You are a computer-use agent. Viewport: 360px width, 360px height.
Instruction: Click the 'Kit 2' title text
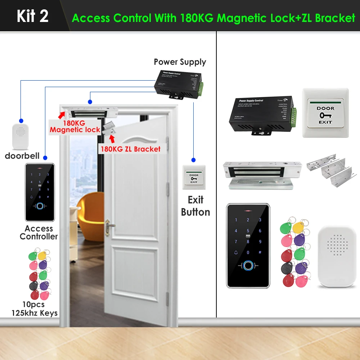(x=32, y=16)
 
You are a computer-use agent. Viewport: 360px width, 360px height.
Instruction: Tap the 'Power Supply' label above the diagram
(x=180, y=62)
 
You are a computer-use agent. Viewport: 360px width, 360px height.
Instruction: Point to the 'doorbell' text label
(x=22, y=156)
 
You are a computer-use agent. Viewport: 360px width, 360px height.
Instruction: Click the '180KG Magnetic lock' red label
(x=75, y=126)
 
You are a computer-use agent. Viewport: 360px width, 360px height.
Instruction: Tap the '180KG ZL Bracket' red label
(x=130, y=149)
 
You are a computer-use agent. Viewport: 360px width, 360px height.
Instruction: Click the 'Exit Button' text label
(x=195, y=206)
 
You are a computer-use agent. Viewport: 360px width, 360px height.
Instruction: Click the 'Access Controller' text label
(x=39, y=233)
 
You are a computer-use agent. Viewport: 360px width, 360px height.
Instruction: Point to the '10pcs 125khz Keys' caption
(x=34, y=309)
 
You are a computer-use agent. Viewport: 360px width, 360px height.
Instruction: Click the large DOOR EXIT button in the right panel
(x=325, y=113)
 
